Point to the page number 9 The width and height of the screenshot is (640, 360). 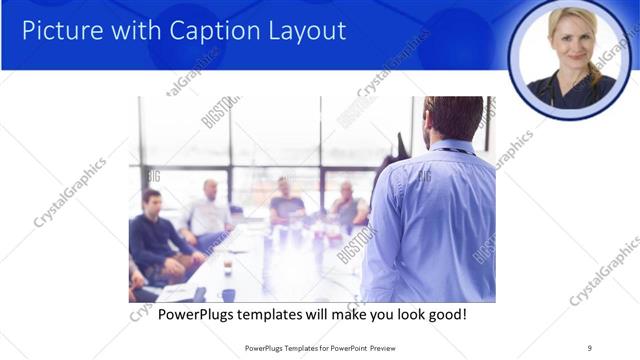click(589, 348)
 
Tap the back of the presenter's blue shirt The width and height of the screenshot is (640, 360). click(430, 220)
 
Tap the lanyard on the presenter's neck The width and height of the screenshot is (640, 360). click(455, 151)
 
